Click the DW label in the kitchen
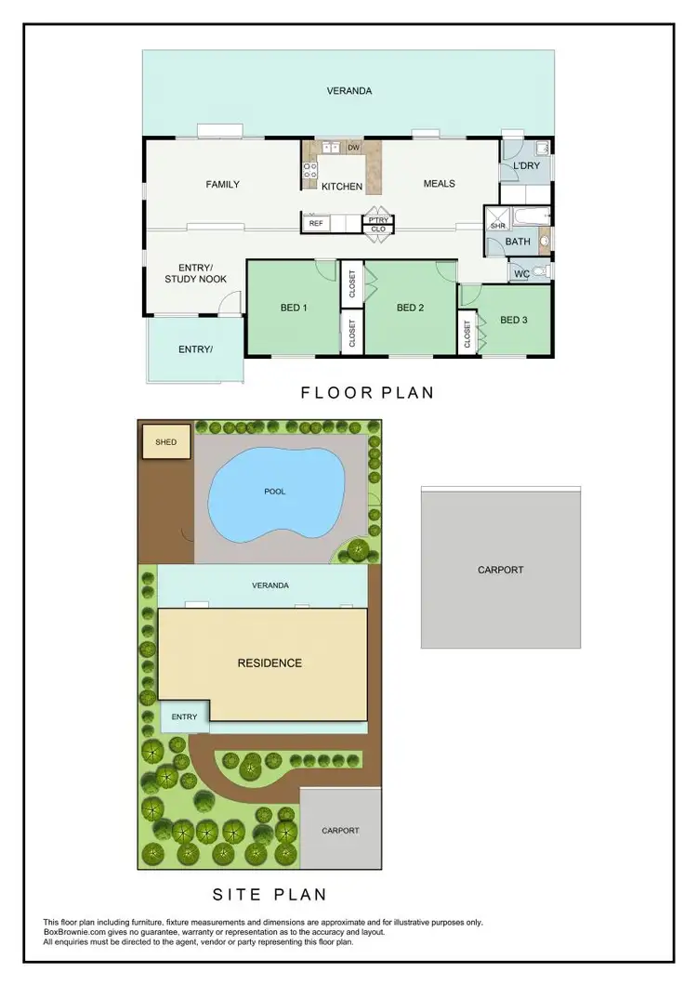click(353, 148)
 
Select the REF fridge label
click(316, 223)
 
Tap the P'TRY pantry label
click(378, 220)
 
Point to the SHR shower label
click(497, 226)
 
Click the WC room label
click(520, 273)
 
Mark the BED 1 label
click(294, 308)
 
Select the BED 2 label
click(410, 308)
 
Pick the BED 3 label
click(514, 320)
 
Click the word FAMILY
click(222, 184)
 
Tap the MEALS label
click(439, 183)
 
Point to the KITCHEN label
click(342, 187)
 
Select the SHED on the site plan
click(165, 442)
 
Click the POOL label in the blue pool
click(275, 491)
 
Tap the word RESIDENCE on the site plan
click(269, 663)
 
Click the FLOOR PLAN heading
click(367, 392)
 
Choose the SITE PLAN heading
click(270, 895)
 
